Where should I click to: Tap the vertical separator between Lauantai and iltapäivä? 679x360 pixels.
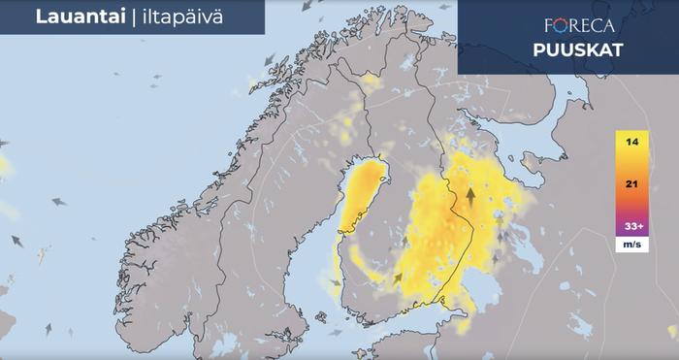click(120, 16)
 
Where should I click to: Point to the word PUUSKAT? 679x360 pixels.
click(577, 50)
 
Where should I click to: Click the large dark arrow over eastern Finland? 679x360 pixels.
click(470, 198)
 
